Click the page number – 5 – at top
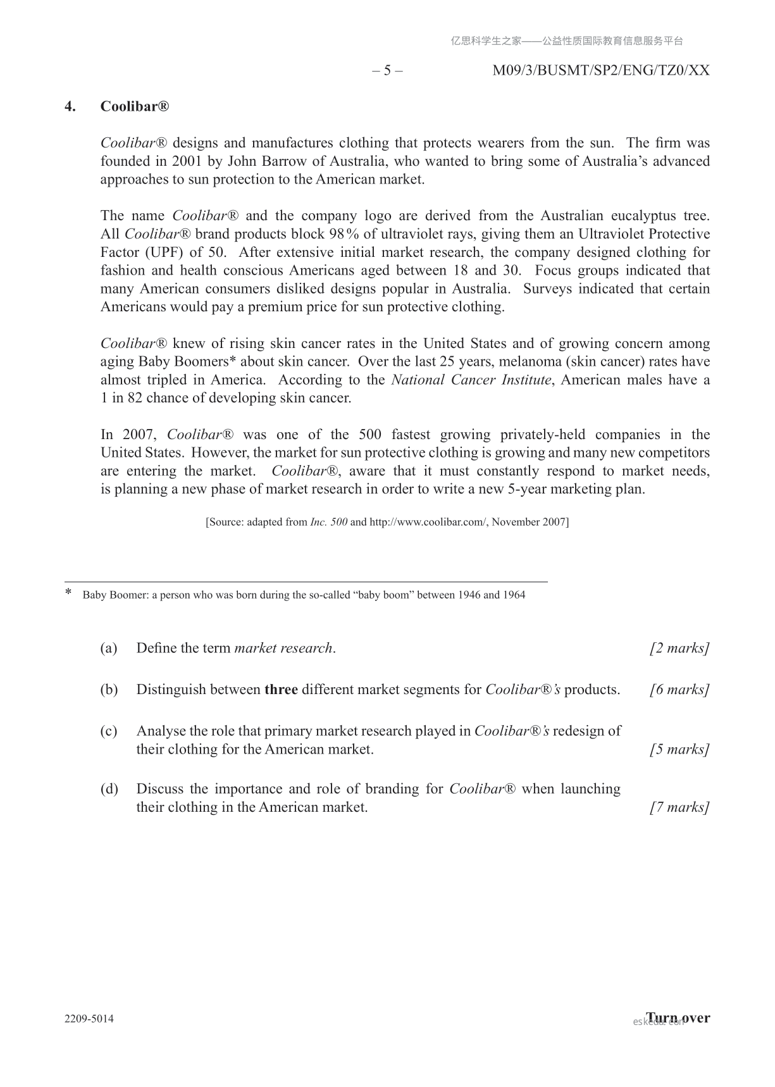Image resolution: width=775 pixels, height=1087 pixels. [x=387, y=70]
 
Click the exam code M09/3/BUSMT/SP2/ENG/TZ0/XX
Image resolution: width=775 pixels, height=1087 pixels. [x=600, y=70]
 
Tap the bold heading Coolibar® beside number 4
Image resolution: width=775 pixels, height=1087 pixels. [x=135, y=106]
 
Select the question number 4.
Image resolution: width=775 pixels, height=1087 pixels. [x=70, y=106]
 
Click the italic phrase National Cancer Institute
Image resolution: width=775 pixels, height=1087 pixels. [x=471, y=380]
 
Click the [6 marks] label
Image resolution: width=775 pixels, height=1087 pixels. [x=679, y=690]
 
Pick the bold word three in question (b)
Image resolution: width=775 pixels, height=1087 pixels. [x=281, y=690]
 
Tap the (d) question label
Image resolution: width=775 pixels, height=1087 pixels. [x=109, y=789]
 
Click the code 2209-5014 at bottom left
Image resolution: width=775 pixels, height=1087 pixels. [x=89, y=1019]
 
